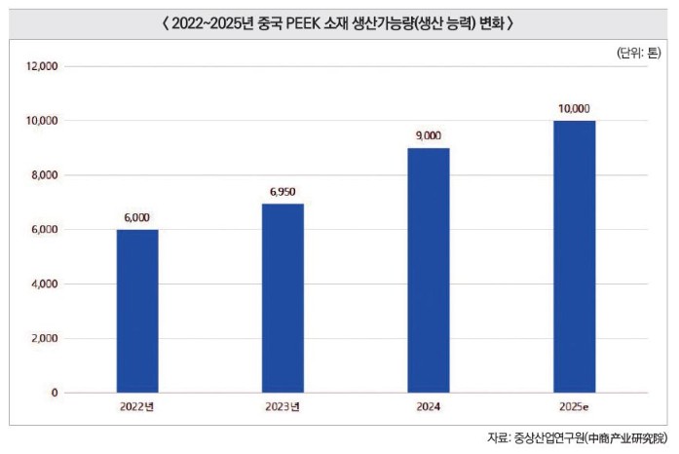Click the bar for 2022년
(x=137, y=311)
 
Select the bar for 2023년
(x=283, y=298)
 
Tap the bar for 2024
(x=429, y=270)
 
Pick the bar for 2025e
(x=575, y=256)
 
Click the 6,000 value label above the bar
(x=137, y=219)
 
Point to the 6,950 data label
(x=283, y=193)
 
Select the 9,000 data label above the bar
(x=429, y=137)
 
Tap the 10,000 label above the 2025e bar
(x=575, y=110)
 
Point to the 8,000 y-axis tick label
(x=43, y=175)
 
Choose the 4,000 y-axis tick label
(x=43, y=284)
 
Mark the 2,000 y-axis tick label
(x=43, y=339)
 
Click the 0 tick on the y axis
(x=55, y=394)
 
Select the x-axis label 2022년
(x=137, y=405)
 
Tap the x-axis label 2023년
(x=283, y=405)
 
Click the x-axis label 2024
(x=429, y=405)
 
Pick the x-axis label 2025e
(x=575, y=405)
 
